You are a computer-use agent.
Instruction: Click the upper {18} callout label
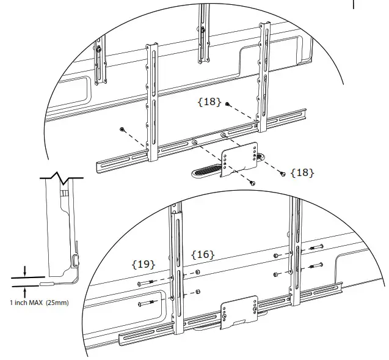point(209,101)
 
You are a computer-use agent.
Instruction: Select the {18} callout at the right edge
point(302,172)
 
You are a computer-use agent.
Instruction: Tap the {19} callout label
point(144,265)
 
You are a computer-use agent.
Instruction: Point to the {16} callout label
point(203,254)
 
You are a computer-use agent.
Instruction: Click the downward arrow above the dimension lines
point(24,271)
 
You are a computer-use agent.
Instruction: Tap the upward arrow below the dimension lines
point(24,293)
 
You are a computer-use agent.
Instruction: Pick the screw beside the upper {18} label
point(227,104)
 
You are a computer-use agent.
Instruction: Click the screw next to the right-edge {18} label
point(283,174)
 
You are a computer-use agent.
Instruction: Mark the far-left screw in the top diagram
point(122,129)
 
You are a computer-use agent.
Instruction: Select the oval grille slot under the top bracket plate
point(205,171)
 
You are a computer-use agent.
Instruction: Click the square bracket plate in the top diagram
point(239,160)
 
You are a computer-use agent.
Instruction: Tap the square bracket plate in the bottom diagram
point(239,312)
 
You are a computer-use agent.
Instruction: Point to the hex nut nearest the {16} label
point(197,272)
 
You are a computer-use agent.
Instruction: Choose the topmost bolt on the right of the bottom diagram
point(316,247)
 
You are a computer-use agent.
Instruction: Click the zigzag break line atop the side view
point(62,178)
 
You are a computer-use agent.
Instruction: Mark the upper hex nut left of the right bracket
point(275,255)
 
